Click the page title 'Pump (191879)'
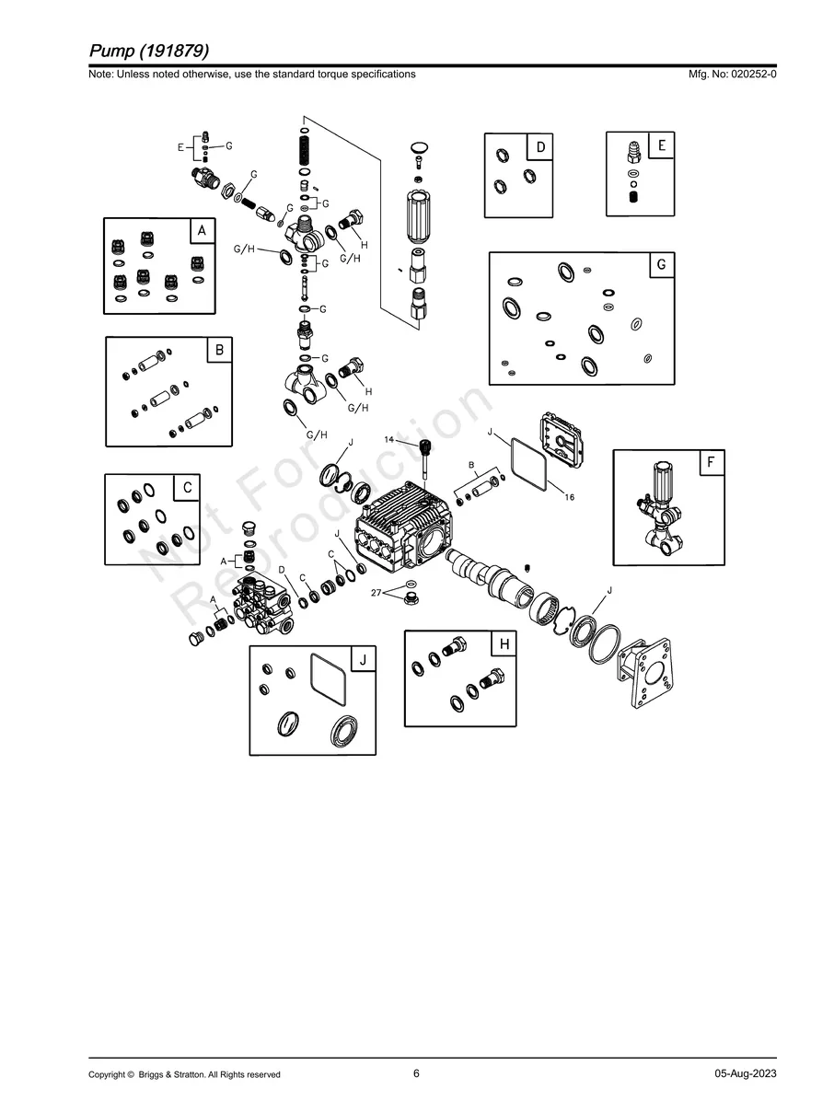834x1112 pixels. click(x=149, y=51)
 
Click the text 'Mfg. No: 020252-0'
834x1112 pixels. click(x=732, y=75)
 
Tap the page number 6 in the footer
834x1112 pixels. click(x=416, y=1073)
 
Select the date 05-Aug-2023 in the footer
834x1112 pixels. click(x=746, y=1073)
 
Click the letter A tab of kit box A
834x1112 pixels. click(x=203, y=231)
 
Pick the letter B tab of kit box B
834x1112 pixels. click(x=220, y=350)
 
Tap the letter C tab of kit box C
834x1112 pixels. click(x=188, y=487)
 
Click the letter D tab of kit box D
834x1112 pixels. click(x=540, y=147)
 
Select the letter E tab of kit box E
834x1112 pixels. click(x=661, y=145)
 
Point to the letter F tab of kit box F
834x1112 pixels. click(x=712, y=462)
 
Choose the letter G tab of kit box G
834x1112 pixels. click(x=662, y=264)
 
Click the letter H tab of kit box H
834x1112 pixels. click(x=504, y=643)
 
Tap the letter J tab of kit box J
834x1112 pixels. click(x=363, y=659)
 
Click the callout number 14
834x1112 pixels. click(x=388, y=439)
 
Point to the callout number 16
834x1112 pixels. click(x=570, y=497)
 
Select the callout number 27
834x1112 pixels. click(x=376, y=592)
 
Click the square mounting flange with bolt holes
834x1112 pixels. click(x=644, y=673)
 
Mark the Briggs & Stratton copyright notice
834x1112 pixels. click(x=184, y=1074)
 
